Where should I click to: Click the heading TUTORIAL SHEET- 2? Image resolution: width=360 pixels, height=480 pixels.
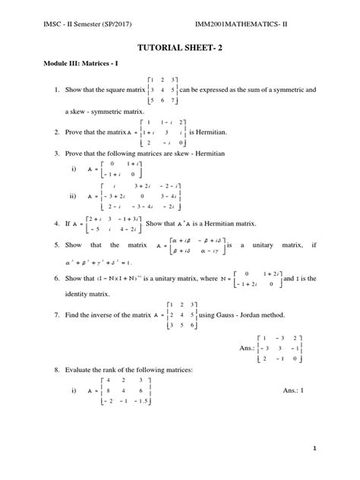click(x=180, y=46)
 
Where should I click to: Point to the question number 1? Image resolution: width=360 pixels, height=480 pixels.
click(x=36, y=90)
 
